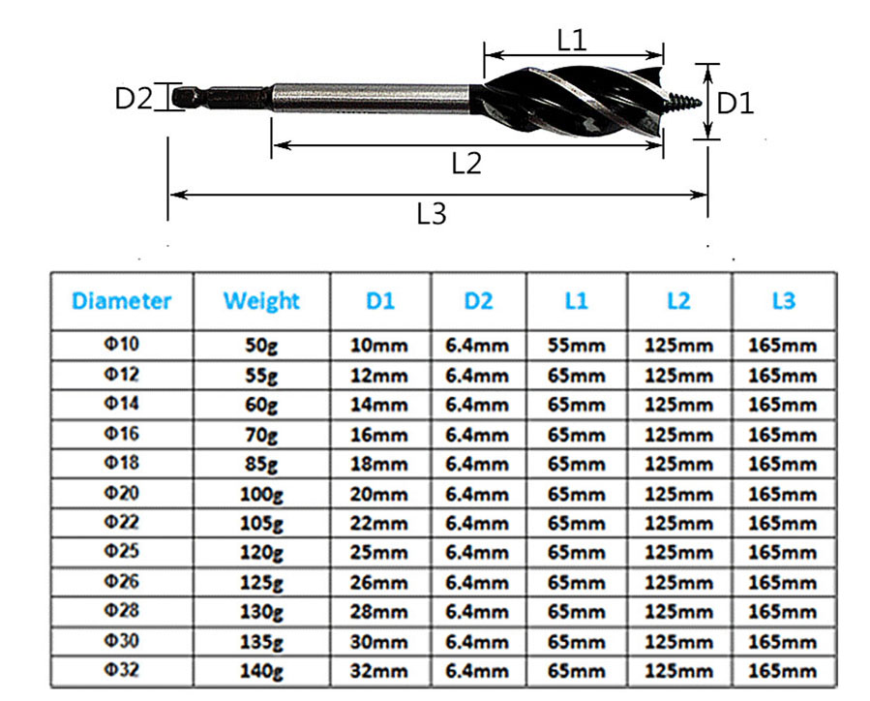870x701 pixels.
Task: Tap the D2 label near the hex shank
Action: click(x=135, y=98)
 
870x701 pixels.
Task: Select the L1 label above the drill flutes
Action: click(x=573, y=40)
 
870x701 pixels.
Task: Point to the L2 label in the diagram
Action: click(x=466, y=163)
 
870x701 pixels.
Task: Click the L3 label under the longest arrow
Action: click(x=432, y=214)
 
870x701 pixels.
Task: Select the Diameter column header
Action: click(x=121, y=301)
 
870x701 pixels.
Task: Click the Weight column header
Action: click(x=261, y=301)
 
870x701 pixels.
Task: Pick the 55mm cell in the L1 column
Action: click(x=577, y=346)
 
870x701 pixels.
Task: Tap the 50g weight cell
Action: click(x=261, y=346)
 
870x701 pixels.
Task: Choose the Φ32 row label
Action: click(x=121, y=671)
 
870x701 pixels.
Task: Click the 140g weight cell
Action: click(x=261, y=671)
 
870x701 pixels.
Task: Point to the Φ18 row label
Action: click(x=121, y=464)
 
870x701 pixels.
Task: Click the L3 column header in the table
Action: click(x=783, y=301)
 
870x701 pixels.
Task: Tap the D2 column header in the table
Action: click(x=477, y=301)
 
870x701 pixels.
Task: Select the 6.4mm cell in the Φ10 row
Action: click(x=477, y=346)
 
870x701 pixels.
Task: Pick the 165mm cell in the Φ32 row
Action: click(x=783, y=671)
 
